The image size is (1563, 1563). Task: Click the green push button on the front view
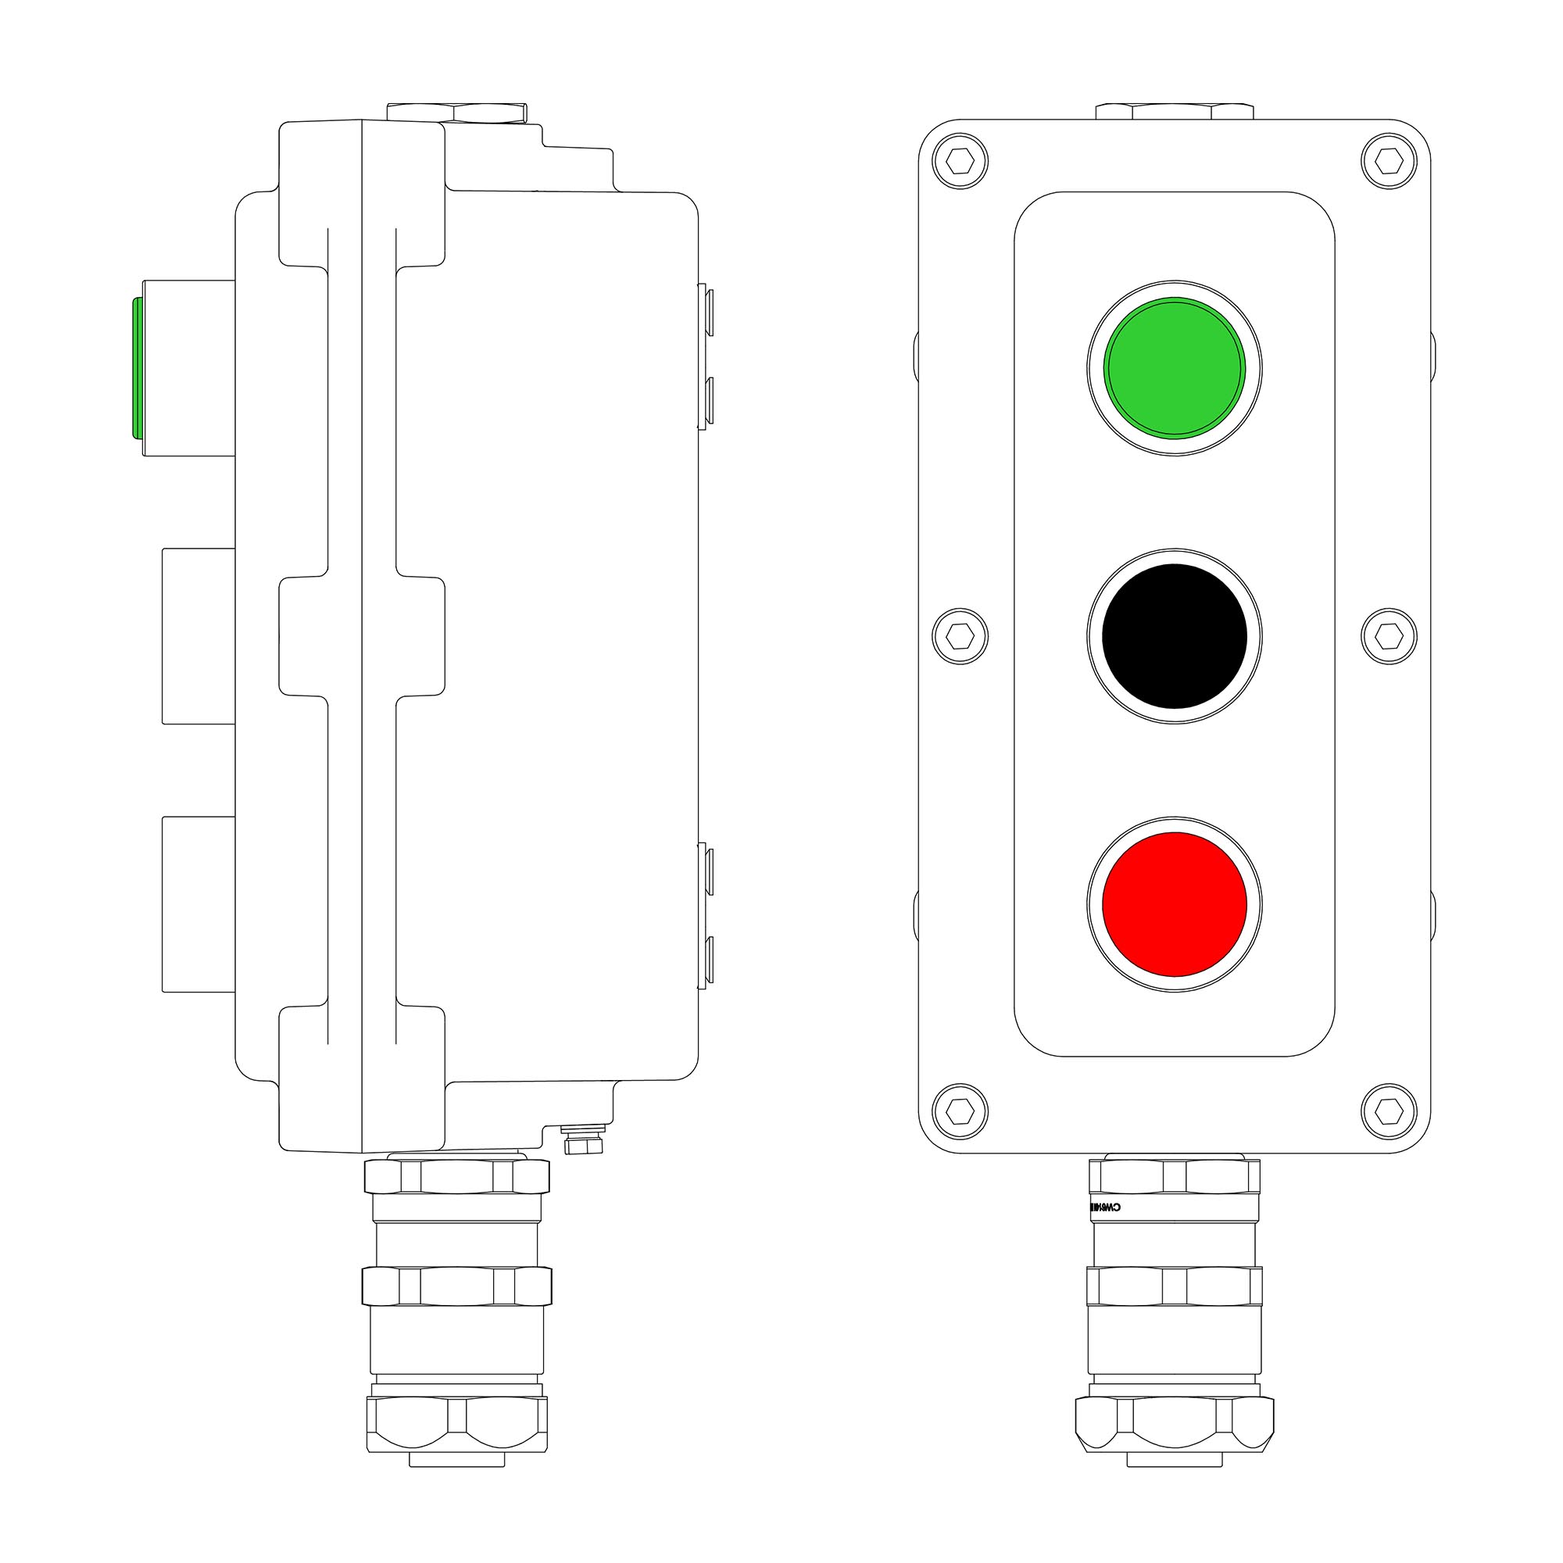(x=1175, y=367)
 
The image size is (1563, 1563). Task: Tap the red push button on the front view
(x=1175, y=903)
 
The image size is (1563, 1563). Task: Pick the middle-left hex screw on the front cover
(x=960, y=636)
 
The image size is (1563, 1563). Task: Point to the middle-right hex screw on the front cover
(x=1389, y=636)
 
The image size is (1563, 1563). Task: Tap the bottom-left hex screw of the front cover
(x=960, y=1111)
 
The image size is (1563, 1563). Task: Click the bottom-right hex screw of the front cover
(x=1389, y=1111)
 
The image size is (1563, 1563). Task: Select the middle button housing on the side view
(x=199, y=636)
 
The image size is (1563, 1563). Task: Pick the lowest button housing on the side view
(x=199, y=903)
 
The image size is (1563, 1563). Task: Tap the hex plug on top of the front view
(x=1174, y=111)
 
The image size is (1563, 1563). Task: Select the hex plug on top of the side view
(x=457, y=112)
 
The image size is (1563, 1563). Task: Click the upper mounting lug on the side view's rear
(x=706, y=356)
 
